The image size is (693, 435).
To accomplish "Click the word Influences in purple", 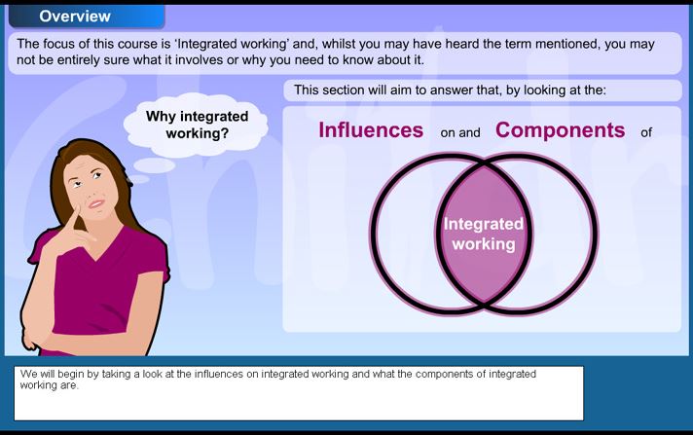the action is point(371,130).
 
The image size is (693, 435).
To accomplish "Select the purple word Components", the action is point(560,130).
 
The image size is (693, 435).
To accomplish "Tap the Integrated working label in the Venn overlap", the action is point(484,234).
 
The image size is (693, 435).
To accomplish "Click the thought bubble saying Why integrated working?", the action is point(196,126).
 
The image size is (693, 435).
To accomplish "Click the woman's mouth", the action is point(96,203).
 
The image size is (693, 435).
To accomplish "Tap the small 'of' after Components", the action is point(646,132).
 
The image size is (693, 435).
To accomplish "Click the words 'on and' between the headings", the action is point(460,132).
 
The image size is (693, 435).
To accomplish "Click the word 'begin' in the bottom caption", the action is point(71,374).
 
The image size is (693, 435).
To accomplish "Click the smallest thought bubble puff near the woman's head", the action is point(139,179).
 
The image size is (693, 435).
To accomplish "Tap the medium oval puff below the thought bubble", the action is point(154,165).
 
